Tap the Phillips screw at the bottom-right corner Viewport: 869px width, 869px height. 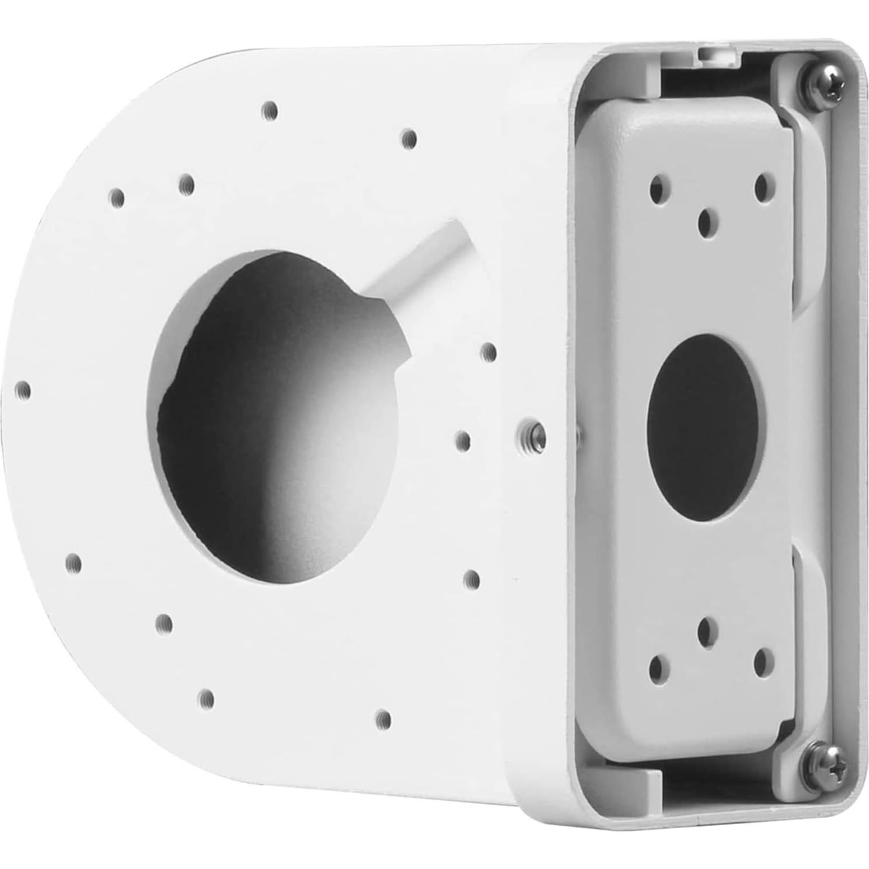coord(826,759)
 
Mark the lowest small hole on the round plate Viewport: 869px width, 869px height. coord(382,717)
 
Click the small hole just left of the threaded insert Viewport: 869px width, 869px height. coord(463,441)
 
